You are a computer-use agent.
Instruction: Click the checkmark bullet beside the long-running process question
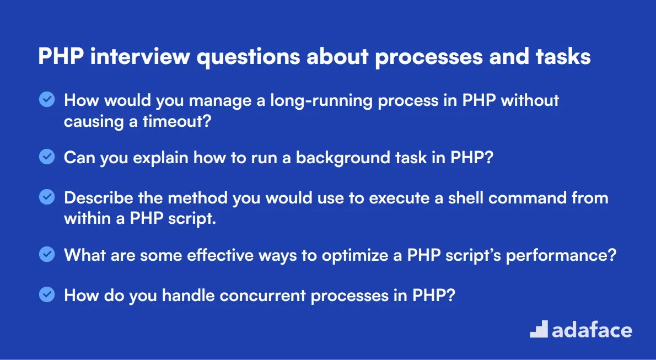47,99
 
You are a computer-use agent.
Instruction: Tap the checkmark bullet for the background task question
47,157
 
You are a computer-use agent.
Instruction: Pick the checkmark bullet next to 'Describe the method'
47,197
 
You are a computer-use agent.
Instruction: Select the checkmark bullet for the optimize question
47,255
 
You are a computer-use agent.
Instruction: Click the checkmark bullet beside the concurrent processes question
47,294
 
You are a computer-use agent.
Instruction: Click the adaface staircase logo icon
538,329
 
